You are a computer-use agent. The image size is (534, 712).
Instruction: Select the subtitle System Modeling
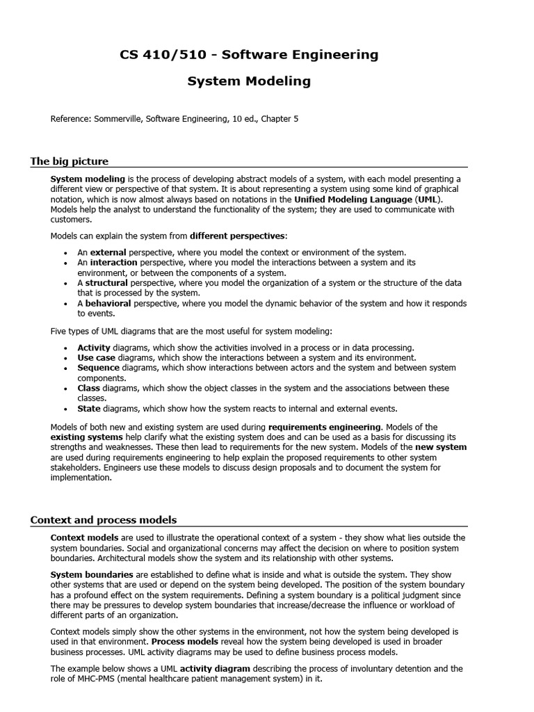(249, 81)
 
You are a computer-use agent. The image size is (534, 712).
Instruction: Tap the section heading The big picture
(70, 161)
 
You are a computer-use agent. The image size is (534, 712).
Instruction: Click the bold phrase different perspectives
(236, 236)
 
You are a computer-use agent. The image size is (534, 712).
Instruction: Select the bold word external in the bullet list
(109, 252)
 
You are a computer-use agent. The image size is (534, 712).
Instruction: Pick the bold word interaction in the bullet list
(114, 263)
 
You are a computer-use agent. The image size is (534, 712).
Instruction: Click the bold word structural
(106, 283)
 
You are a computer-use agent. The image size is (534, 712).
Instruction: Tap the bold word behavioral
(108, 303)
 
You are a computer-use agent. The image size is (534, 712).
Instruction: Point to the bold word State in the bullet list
(89, 408)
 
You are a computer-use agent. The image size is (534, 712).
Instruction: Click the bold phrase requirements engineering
(325, 426)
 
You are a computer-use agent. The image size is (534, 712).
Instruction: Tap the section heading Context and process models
(104, 519)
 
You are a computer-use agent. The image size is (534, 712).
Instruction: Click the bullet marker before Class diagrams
(65, 388)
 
